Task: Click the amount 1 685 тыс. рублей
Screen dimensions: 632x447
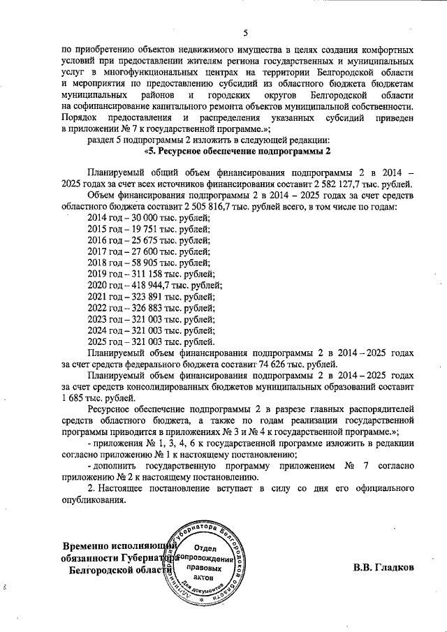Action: tap(98, 397)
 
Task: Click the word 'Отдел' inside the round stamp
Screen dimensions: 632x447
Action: tap(203, 549)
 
